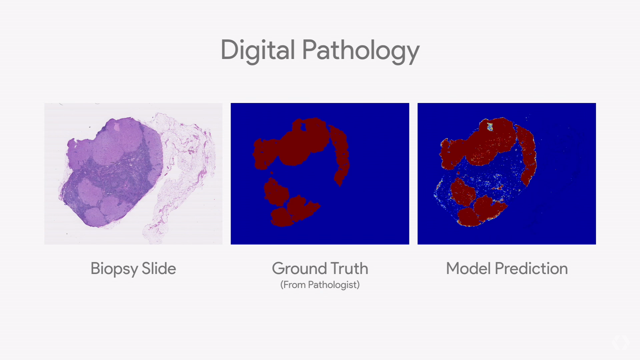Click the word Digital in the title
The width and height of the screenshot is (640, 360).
coord(258,51)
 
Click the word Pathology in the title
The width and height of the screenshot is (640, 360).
coord(361,51)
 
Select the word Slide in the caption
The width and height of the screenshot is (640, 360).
coord(159,268)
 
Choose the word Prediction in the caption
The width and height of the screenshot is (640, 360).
coord(531,268)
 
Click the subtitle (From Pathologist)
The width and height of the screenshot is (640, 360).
coord(320,285)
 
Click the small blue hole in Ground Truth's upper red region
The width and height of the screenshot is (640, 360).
coord(303,126)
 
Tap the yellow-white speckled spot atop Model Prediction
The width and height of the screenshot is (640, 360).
coord(490,127)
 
